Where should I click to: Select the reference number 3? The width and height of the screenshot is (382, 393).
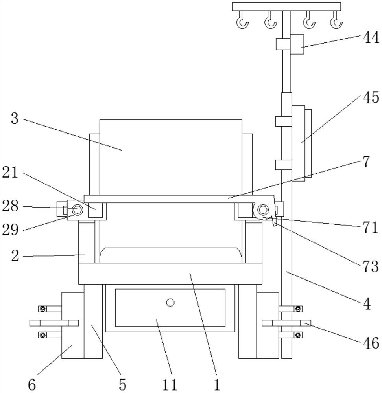pyautogui.click(x=15, y=118)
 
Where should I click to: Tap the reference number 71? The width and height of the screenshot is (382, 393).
pyautogui.click(x=370, y=228)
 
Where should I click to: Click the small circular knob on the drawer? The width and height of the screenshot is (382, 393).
pyautogui.click(x=170, y=302)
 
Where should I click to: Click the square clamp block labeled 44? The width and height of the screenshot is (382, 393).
pyautogui.click(x=297, y=44)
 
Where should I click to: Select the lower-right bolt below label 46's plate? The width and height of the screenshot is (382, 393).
pyautogui.click(x=298, y=335)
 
